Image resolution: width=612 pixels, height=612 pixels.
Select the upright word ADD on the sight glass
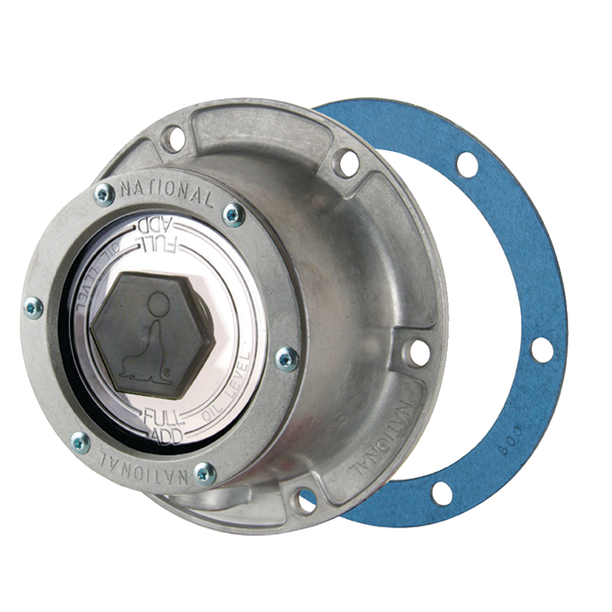click(x=166, y=436)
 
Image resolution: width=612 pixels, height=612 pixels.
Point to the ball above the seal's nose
click(x=158, y=302)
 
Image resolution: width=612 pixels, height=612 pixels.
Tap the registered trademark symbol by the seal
click(x=167, y=372)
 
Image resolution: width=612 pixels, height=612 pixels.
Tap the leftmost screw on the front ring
click(x=33, y=308)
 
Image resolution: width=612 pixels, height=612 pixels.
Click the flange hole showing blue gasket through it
click(x=305, y=500)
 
